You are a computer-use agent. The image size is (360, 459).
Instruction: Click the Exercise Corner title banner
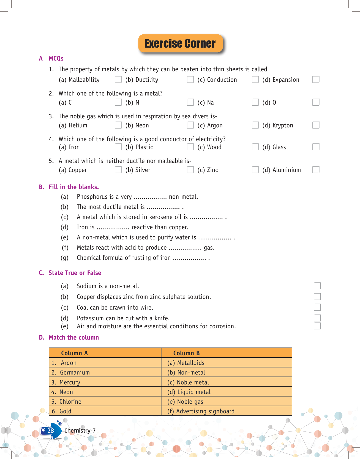pyautogui.click(x=180, y=43)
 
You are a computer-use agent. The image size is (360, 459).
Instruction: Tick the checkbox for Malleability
pyautogui.click(x=118, y=80)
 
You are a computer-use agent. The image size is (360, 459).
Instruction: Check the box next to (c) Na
pyautogui.click(x=255, y=102)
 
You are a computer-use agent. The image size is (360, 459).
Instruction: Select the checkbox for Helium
pyautogui.click(x=118, y=125)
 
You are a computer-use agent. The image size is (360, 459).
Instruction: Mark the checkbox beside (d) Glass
pyautogui.click(x=316, y=147)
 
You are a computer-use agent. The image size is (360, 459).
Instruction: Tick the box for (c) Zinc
pyautogui.click(x=255, y=170)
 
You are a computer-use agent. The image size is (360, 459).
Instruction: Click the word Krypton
pyautogui.click(x=283, y=125)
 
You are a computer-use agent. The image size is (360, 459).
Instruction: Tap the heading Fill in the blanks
pyautogui.click(x=73, y=187)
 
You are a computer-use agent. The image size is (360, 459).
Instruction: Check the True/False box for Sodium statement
pyautogui.click(x=317, y=286)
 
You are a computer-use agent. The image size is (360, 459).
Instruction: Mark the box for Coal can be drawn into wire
pyautogui.click(x=317, y=307)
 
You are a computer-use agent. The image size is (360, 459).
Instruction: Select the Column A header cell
pyautogui.click(x=105, y=353)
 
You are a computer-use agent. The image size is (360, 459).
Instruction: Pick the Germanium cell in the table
pyautogui.click(x=105, y=373)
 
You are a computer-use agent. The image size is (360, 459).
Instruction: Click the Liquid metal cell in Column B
pyautogui.click(x=226, y=392)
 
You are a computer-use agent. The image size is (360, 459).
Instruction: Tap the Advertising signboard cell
pyautogui.click(x=226, y=411)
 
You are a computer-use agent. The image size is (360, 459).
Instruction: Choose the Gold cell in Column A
pyautogui.click(x=105, y=411)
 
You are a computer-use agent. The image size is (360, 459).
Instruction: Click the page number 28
pyautogui.click(x=51, y=431)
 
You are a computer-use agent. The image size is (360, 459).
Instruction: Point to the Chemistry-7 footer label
pyautogui.click(x=80, y=431)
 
